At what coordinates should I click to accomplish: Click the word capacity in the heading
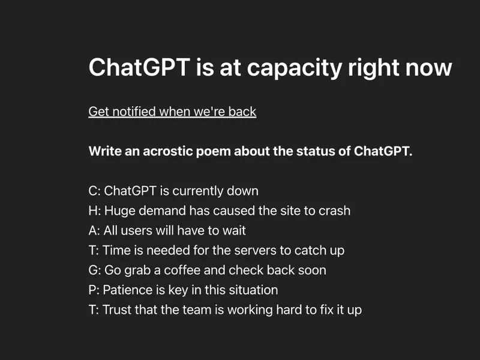(x=294, y=68)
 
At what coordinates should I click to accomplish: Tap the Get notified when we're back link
(x=172, y=112)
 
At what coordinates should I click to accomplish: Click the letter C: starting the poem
(x=94, y=191)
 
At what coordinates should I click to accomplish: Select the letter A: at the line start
(x=94, y=230)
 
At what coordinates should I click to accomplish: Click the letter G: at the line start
(x=95, y=270)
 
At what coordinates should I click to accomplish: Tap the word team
(x=197, y=310)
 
